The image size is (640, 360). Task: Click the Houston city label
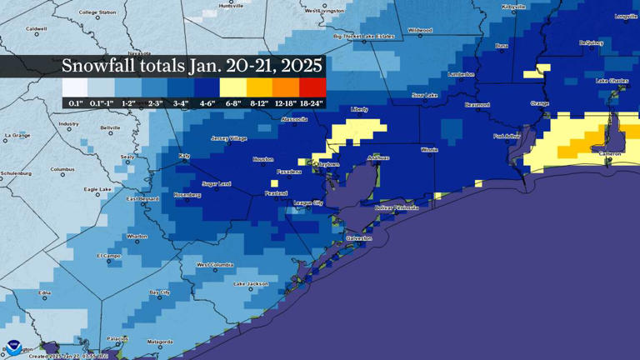(262, 158)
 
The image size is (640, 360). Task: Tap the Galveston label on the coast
(359, 238)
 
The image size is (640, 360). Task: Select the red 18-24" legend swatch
(312, 87)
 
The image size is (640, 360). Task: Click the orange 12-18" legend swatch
(286, 87)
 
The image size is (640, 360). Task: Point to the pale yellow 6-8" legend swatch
(233, 87)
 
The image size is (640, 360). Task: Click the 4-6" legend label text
(207, 103)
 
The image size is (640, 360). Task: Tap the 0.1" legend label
(75, 103)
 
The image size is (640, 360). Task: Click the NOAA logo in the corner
(13, 347)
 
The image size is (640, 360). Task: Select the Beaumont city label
(477, 105)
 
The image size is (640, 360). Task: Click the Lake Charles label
(612, 81)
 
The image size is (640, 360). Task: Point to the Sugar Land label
(217, 183)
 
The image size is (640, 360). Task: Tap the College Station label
(97, 12)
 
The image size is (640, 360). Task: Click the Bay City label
(159, 292)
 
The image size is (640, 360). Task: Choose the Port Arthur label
(507, 136)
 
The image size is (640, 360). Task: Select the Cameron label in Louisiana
(610, 153)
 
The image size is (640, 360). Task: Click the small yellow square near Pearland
(274, 183)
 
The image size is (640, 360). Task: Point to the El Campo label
(109, 256)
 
